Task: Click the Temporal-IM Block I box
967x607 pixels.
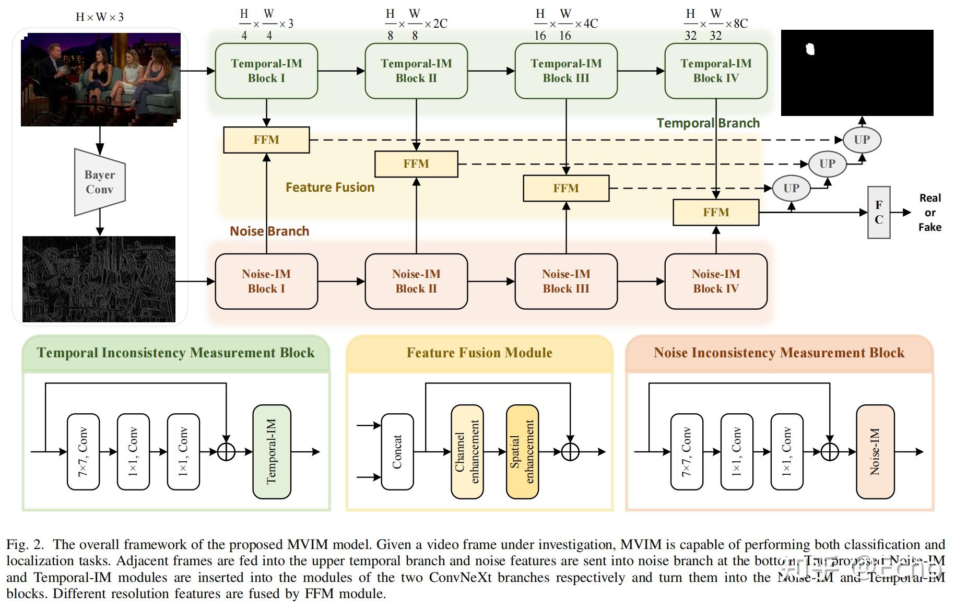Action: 266,71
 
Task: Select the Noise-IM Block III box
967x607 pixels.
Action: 566,282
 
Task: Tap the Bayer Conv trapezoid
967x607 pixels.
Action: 100,182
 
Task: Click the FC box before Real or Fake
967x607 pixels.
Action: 878,213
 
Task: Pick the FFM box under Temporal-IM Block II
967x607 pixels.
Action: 416,164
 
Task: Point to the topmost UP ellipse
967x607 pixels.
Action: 862,140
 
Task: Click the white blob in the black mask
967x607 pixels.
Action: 810,49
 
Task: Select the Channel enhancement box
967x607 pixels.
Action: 467,451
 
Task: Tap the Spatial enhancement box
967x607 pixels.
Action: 522,451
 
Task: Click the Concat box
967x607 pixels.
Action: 397,451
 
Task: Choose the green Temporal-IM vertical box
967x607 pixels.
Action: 272,451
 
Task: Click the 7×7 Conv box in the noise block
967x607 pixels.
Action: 686,451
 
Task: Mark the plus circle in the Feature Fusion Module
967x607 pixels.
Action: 570,451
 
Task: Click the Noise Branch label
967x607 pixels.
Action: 269,231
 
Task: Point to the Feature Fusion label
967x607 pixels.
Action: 330,188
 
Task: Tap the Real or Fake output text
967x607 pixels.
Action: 929,213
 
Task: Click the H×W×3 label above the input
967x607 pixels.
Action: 100,17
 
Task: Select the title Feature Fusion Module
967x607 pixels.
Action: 479,353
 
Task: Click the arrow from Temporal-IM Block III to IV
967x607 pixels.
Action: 641,71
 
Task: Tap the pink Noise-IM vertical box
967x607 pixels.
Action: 875,451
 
